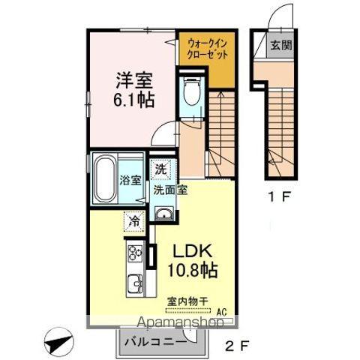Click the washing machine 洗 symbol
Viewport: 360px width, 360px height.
click(160, 169)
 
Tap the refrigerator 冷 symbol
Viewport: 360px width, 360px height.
click(133, 222)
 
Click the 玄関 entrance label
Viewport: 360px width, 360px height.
click(281, 44)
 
